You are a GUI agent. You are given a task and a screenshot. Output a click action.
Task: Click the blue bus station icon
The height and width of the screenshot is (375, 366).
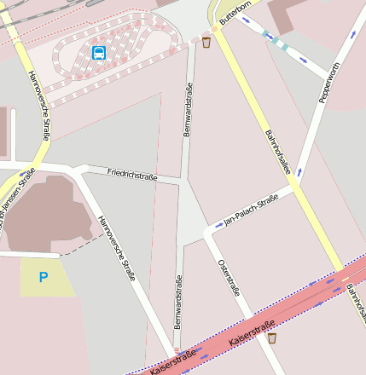click(x=99, y=53)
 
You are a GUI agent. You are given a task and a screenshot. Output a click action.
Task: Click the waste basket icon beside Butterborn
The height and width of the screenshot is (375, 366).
click(x=206, y=41)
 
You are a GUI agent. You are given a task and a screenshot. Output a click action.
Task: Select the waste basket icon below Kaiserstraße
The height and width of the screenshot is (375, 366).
click(x=272, y=338)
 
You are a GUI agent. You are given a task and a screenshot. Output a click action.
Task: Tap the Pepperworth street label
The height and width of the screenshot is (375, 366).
click(x=329, y=83)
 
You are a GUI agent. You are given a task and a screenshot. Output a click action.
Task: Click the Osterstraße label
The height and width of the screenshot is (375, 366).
click(x=229, y=277)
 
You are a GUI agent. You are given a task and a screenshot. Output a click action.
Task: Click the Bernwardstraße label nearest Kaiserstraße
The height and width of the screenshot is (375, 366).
click(x=178, y=302)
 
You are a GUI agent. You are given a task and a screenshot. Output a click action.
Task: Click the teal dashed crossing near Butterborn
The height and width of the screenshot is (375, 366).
click(x=275, y=39)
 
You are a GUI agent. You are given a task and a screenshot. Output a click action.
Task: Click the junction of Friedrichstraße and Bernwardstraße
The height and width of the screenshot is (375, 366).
click(x=183, y=180)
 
